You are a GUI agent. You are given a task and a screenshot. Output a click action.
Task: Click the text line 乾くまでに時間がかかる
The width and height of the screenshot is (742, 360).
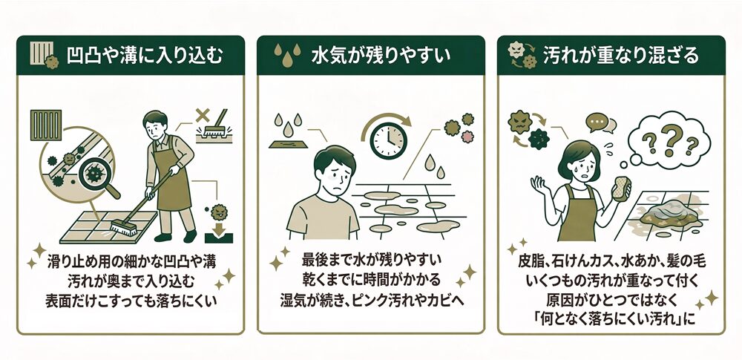370,281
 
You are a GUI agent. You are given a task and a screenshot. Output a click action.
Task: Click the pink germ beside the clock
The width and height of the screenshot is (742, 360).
456,137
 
